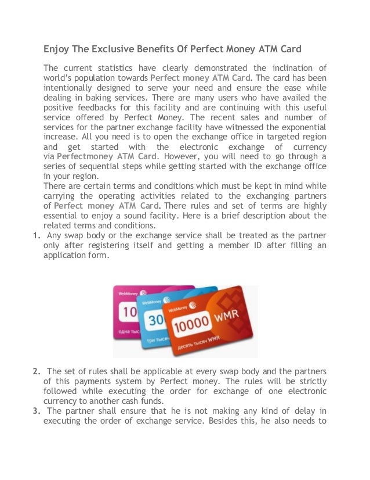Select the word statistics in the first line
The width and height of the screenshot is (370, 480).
118,68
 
